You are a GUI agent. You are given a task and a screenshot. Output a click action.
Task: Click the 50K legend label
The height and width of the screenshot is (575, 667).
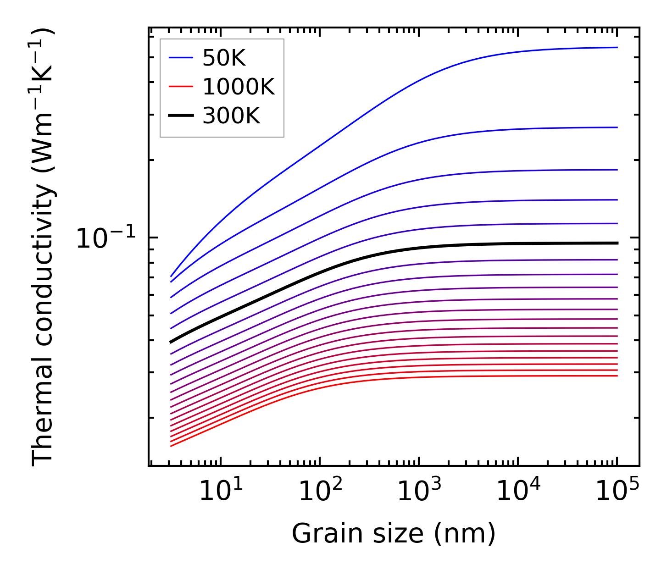224,58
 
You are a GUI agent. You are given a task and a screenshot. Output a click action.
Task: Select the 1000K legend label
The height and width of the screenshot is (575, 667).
238,87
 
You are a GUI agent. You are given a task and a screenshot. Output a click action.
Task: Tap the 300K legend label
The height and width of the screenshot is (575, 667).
231,116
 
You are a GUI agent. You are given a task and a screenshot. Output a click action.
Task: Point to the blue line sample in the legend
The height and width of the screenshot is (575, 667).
181,58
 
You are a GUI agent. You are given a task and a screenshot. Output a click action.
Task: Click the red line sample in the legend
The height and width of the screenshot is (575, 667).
181,87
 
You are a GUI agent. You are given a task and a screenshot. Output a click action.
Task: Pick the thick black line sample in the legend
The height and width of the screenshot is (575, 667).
181,116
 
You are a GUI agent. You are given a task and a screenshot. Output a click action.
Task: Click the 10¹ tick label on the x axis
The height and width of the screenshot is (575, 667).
221,492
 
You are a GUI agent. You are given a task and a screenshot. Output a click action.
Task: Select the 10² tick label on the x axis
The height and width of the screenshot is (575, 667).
320,492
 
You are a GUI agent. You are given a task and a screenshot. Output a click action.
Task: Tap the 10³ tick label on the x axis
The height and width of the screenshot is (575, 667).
419,492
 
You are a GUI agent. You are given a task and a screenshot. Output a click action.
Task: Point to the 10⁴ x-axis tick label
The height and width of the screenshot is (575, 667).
518,492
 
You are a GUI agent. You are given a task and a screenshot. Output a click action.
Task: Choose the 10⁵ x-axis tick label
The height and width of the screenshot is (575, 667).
617,492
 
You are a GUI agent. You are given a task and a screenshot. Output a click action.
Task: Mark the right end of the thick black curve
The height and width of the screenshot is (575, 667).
617,243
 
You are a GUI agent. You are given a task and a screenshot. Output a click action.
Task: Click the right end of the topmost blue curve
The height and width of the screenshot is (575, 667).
617,47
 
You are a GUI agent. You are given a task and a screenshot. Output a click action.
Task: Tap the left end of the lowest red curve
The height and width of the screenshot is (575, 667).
171,446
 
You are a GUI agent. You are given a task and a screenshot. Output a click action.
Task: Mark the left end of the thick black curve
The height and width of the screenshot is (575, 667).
171,342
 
